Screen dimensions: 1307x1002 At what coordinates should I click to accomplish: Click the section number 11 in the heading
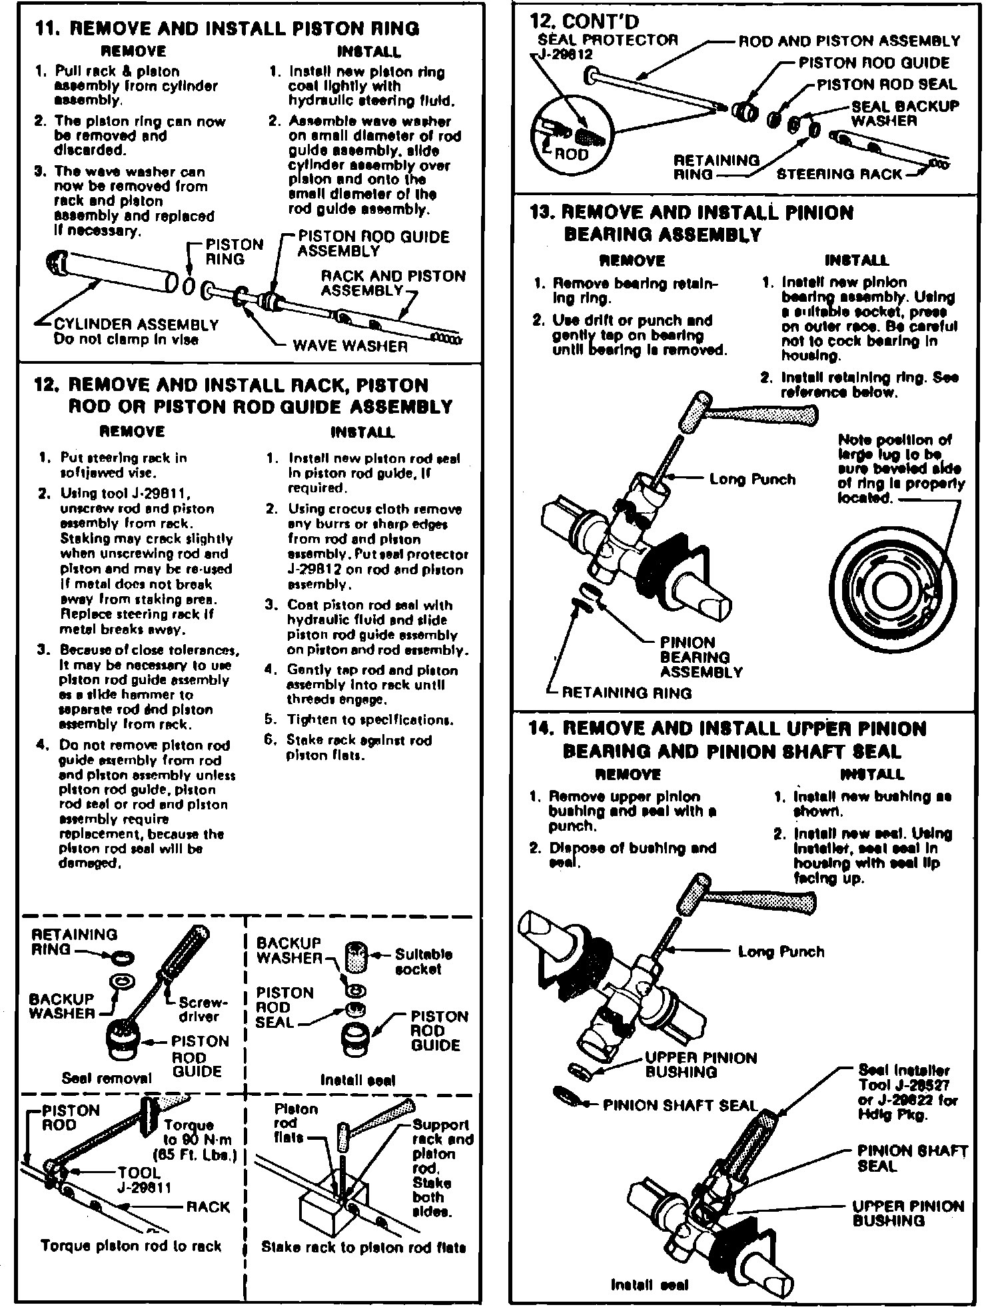(x=49, y=29)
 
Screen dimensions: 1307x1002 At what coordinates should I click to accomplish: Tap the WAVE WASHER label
(x=350, y=346)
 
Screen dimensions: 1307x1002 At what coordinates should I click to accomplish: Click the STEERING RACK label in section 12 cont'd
(x=839, y=174)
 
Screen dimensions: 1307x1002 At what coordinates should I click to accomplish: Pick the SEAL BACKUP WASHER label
(x=905, y=113)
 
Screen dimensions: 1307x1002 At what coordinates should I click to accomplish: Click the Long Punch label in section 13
(x=752, y=479)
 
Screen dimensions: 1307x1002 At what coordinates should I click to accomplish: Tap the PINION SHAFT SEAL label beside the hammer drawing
(x=680, y=1105)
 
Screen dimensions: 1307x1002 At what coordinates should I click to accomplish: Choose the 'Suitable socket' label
(x=424, y=961)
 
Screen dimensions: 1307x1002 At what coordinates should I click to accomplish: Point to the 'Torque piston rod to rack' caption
(x=131, y=1246)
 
